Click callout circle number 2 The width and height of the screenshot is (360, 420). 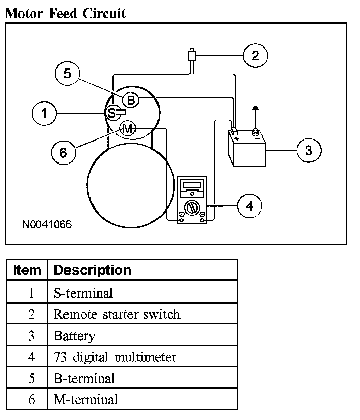coord(256,56)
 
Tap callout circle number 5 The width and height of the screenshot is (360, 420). coord(67,74)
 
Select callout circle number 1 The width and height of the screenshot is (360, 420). coord(44,113)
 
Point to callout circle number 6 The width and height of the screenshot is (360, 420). coord(63,152)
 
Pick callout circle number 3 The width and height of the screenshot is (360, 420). coord(309,150)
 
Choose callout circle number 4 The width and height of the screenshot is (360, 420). coord(250,206)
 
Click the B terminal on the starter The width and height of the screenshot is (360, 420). coord(131,100)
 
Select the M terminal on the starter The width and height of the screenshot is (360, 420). coord(127,129)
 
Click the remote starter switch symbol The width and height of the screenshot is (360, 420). coord(192,55)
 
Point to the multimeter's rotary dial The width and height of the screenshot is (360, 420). coord(192,208)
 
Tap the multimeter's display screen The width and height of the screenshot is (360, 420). coord(192,185)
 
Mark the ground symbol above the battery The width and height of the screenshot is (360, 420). coord(256,108)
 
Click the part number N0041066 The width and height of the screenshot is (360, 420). coord(47,224)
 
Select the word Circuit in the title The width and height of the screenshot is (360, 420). coord(104,13)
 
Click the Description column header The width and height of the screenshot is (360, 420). coord(93,270)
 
